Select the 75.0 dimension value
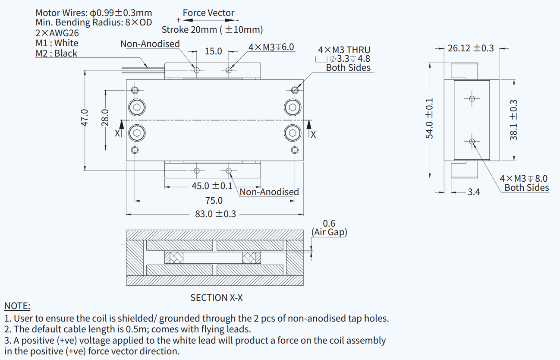tap(214, 201)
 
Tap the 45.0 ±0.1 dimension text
tap(212, 186)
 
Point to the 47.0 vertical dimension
tap(85, 117)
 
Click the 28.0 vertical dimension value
tap(105, 117)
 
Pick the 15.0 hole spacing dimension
tap(213, 51)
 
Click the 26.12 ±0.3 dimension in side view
tap(471, 48)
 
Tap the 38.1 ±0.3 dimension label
tap(513, 120)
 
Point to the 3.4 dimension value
tap(474, 192)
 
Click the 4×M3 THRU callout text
tap(344, 50)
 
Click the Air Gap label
tap(329, 232)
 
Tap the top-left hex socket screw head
tap(137, 107)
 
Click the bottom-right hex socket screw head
tap(293, 133)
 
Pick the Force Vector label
tap(208, 13)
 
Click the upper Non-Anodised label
tap(150, 44)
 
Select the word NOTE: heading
tap(17, 306)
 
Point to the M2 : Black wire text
tap(57, 54)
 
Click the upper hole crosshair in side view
tap(472, 98)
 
